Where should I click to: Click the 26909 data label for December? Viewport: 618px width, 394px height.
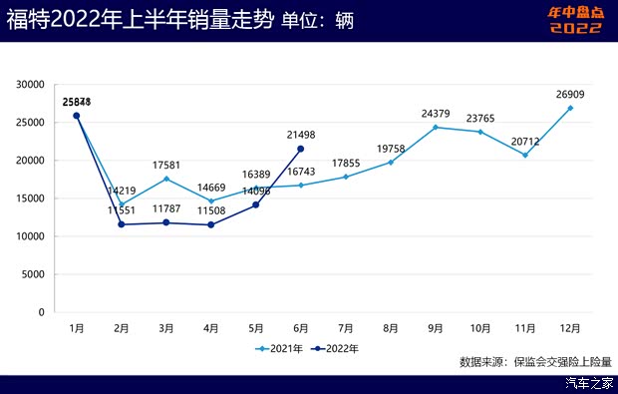(x=570, y=96)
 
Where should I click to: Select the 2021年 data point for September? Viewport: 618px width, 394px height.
(x=436, y=128)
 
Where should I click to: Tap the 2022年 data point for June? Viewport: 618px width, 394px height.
(x=301, y=149)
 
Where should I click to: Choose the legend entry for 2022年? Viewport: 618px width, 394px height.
(x=334, y=348)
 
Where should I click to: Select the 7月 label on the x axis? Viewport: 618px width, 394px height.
(x=346, y=327)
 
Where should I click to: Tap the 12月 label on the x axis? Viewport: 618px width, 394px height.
(x=570, y=327)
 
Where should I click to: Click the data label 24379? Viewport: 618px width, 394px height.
(x=436, y=114)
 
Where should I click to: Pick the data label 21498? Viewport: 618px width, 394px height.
(x=301, y=135)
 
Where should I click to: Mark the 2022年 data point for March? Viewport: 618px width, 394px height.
(x=166, y=222)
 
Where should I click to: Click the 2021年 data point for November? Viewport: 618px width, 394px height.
(x=525, y=155)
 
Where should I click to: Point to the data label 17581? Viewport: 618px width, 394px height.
(x=166, y=166)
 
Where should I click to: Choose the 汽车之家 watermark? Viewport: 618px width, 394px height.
(x=588, y=383)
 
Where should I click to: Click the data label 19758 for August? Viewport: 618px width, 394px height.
(x=391, y=149)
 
